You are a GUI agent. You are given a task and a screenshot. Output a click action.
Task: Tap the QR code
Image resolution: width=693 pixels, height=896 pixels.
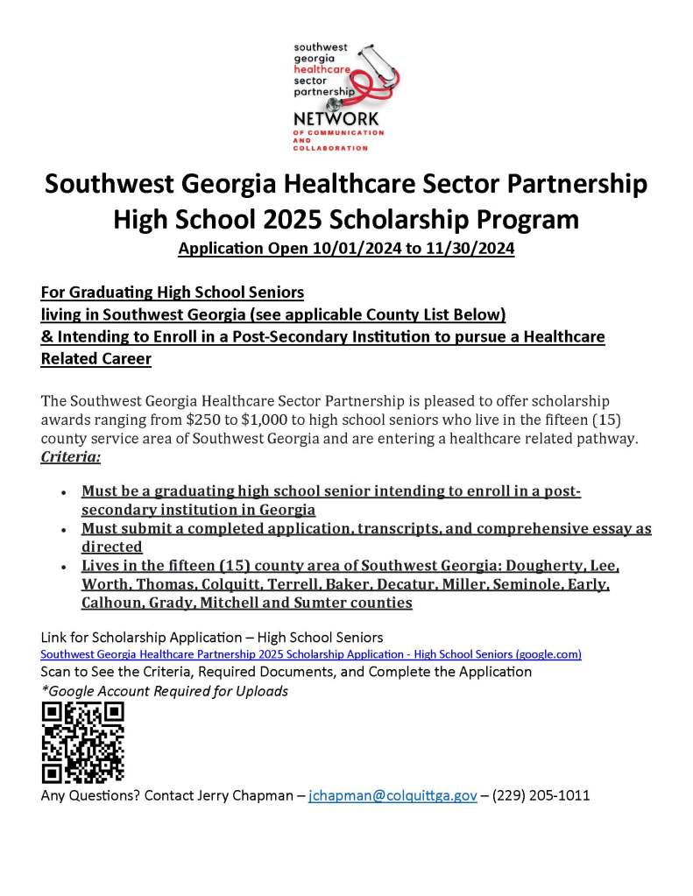click(x=82, y=743)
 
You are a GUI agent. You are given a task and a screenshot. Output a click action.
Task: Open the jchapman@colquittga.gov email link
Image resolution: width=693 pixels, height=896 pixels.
click(x=392, y=796)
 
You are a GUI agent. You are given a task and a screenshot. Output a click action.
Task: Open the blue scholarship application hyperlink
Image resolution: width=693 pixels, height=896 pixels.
click(x=311, y=654)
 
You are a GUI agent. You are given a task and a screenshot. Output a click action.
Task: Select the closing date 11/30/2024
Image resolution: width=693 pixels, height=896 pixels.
click(x=472, y=249)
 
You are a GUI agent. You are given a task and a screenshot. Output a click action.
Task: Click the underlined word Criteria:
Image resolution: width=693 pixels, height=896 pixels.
click(x=71, y=457)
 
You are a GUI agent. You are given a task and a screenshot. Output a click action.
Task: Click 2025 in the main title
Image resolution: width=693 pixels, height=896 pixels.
click(x=275, y=218)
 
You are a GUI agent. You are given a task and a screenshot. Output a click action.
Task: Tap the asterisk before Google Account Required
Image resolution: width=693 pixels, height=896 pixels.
click(x=44, y=690)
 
